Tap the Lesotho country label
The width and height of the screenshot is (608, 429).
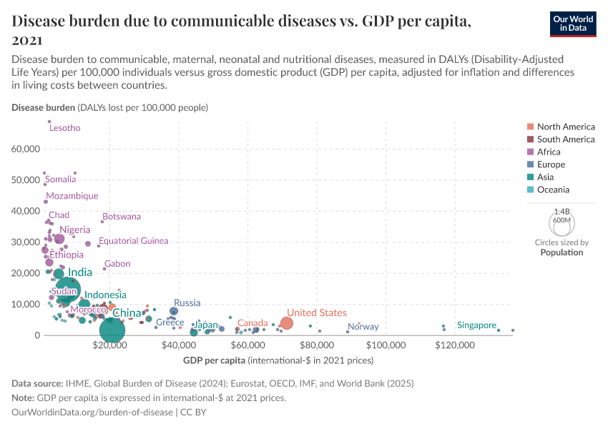64,128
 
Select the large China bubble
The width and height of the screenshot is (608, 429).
112,330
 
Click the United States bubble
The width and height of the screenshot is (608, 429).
287,323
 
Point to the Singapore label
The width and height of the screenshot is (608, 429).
476,325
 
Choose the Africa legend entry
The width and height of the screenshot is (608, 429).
549,152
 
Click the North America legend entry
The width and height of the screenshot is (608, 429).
565,127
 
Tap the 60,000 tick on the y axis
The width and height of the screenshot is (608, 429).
26,149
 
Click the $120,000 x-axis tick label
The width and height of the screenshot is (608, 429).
455,346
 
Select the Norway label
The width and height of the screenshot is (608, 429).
363,327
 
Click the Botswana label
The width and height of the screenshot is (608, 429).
122,216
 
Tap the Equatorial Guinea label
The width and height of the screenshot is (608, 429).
134,241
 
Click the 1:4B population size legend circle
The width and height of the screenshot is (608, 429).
562,223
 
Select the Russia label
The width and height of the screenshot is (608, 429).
187,303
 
